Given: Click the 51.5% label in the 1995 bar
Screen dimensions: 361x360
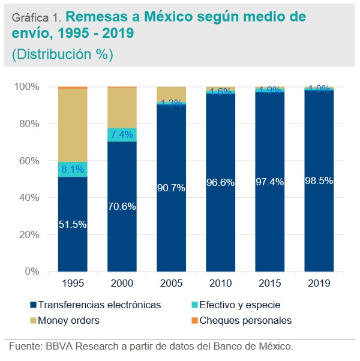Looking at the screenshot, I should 72,225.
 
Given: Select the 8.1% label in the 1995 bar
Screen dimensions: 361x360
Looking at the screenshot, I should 72,170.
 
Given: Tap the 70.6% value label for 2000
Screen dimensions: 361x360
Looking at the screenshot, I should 121,207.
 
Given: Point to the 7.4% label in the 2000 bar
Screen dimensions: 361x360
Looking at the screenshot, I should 122,134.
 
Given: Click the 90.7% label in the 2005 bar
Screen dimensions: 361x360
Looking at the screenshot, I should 171,188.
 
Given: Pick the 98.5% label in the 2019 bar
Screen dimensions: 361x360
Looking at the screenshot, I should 319,180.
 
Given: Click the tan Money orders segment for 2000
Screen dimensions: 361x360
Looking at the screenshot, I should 122,107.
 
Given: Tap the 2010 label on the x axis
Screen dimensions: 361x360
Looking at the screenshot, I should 220,282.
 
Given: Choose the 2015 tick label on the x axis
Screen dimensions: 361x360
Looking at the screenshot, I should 269,282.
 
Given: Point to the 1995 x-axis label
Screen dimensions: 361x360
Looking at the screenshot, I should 72,282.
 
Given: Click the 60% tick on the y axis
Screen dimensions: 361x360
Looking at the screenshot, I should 26,161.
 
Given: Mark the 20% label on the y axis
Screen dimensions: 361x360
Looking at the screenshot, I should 26,235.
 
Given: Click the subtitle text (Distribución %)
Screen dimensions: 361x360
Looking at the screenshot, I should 62,54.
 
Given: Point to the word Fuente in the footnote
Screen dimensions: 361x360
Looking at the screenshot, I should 25,346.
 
